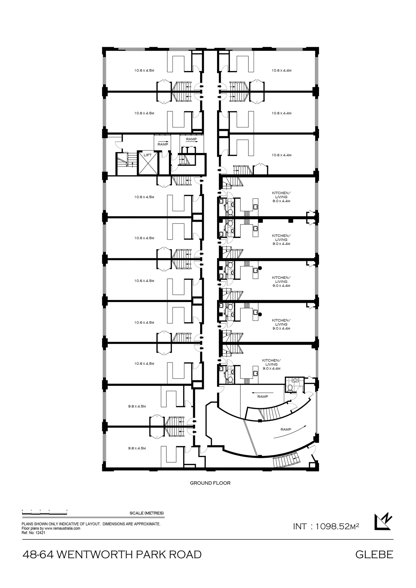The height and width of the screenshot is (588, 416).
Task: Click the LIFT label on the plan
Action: coord(147,155)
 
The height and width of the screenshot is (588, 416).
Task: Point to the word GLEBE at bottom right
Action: coord(374,555)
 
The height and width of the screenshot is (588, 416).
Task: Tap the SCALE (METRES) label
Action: coord(147,513)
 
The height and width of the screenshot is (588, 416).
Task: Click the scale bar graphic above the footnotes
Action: coord(45,513)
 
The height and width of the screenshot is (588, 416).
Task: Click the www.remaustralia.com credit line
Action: coord(51,528)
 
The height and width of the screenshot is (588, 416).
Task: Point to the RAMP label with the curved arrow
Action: coord(286,429)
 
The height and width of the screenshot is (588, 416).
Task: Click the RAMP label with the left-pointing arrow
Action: coord(263,396)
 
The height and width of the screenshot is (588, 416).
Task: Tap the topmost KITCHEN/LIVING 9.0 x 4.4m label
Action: coord(281,197)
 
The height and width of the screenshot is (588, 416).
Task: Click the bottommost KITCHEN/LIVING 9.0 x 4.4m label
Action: coord(271,364)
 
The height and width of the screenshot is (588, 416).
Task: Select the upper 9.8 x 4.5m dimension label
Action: coord(137,406)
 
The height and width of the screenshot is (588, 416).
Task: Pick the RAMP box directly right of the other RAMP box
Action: coord(191,139)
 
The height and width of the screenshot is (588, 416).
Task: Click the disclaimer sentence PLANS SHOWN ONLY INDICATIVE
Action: coord(91,524)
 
